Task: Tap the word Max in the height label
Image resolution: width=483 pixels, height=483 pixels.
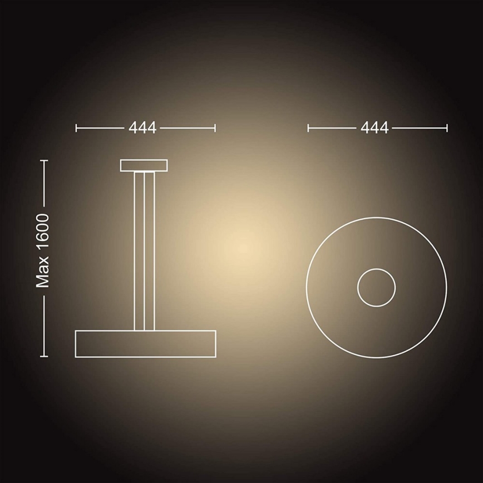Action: pos(43,276)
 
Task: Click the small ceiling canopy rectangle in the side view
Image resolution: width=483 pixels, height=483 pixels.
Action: pos(144,166)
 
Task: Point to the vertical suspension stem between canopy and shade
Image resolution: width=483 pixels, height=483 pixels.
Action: pos(144,251)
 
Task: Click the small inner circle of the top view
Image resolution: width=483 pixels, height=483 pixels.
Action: pos(376,288)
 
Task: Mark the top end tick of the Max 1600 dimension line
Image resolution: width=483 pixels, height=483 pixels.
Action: pos(45,160)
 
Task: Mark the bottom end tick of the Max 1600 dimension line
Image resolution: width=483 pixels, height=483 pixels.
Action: pos(45,356)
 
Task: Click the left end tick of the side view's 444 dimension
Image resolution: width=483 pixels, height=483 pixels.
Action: pos(76,128)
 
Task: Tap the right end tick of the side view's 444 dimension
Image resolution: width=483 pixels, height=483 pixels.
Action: pos(215,128)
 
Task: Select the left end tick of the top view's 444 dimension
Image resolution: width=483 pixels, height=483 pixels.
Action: pos(308,128)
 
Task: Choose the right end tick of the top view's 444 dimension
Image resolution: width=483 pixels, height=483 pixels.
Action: pos(446,128)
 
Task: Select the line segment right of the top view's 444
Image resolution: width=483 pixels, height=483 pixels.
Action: pos(419,128)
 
